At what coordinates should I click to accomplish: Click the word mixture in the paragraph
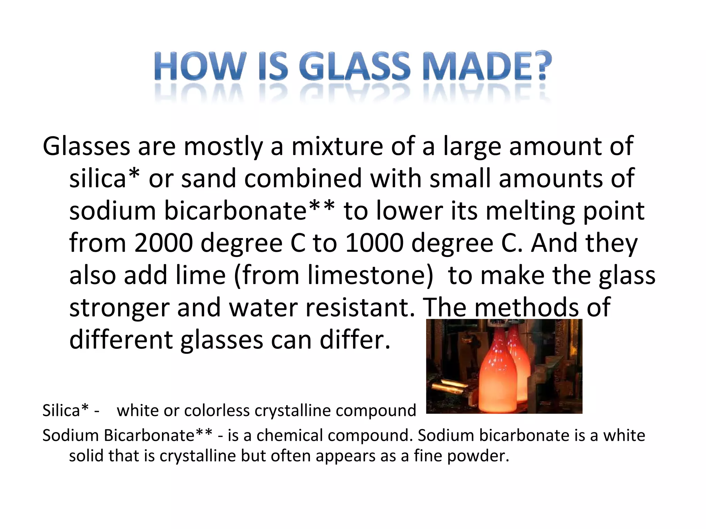click(x=337, y=146)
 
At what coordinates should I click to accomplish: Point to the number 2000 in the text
click(x=163, y=243)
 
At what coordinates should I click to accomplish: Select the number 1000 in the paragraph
click(x=374, y=243)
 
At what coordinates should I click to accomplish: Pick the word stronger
click(x=119, y=308)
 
